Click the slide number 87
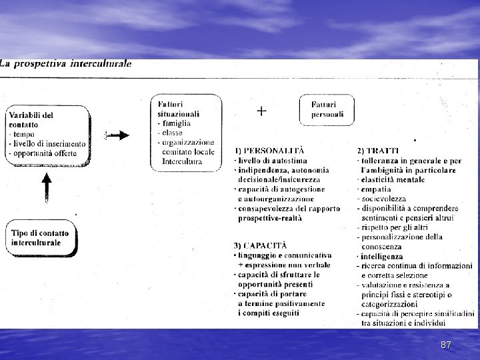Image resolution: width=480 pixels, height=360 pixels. (447, 345)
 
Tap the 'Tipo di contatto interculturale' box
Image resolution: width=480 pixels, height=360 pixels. (41, 238)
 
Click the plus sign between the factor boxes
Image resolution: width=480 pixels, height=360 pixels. (262, 111)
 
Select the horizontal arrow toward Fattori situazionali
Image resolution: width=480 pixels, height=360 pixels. (119, 135)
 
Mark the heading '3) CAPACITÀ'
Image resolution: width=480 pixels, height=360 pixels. (262, 245)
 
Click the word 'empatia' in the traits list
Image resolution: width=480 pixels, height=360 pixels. (376, 189)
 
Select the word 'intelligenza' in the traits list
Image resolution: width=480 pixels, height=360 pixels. (381, 256)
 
